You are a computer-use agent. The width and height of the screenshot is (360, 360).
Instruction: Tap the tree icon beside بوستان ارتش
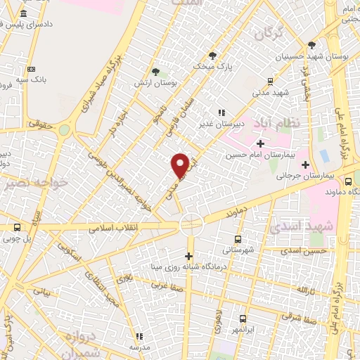[156, 71]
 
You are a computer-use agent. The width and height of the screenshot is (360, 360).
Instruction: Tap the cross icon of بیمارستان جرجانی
[305, 165]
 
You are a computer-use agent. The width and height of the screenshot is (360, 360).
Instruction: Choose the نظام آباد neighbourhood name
[285, 122]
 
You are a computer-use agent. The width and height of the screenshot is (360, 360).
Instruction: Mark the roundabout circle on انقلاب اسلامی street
[191, 224]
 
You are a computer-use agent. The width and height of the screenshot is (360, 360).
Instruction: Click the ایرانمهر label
[243, 329]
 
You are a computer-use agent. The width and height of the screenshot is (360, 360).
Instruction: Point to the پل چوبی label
[18, 237]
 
